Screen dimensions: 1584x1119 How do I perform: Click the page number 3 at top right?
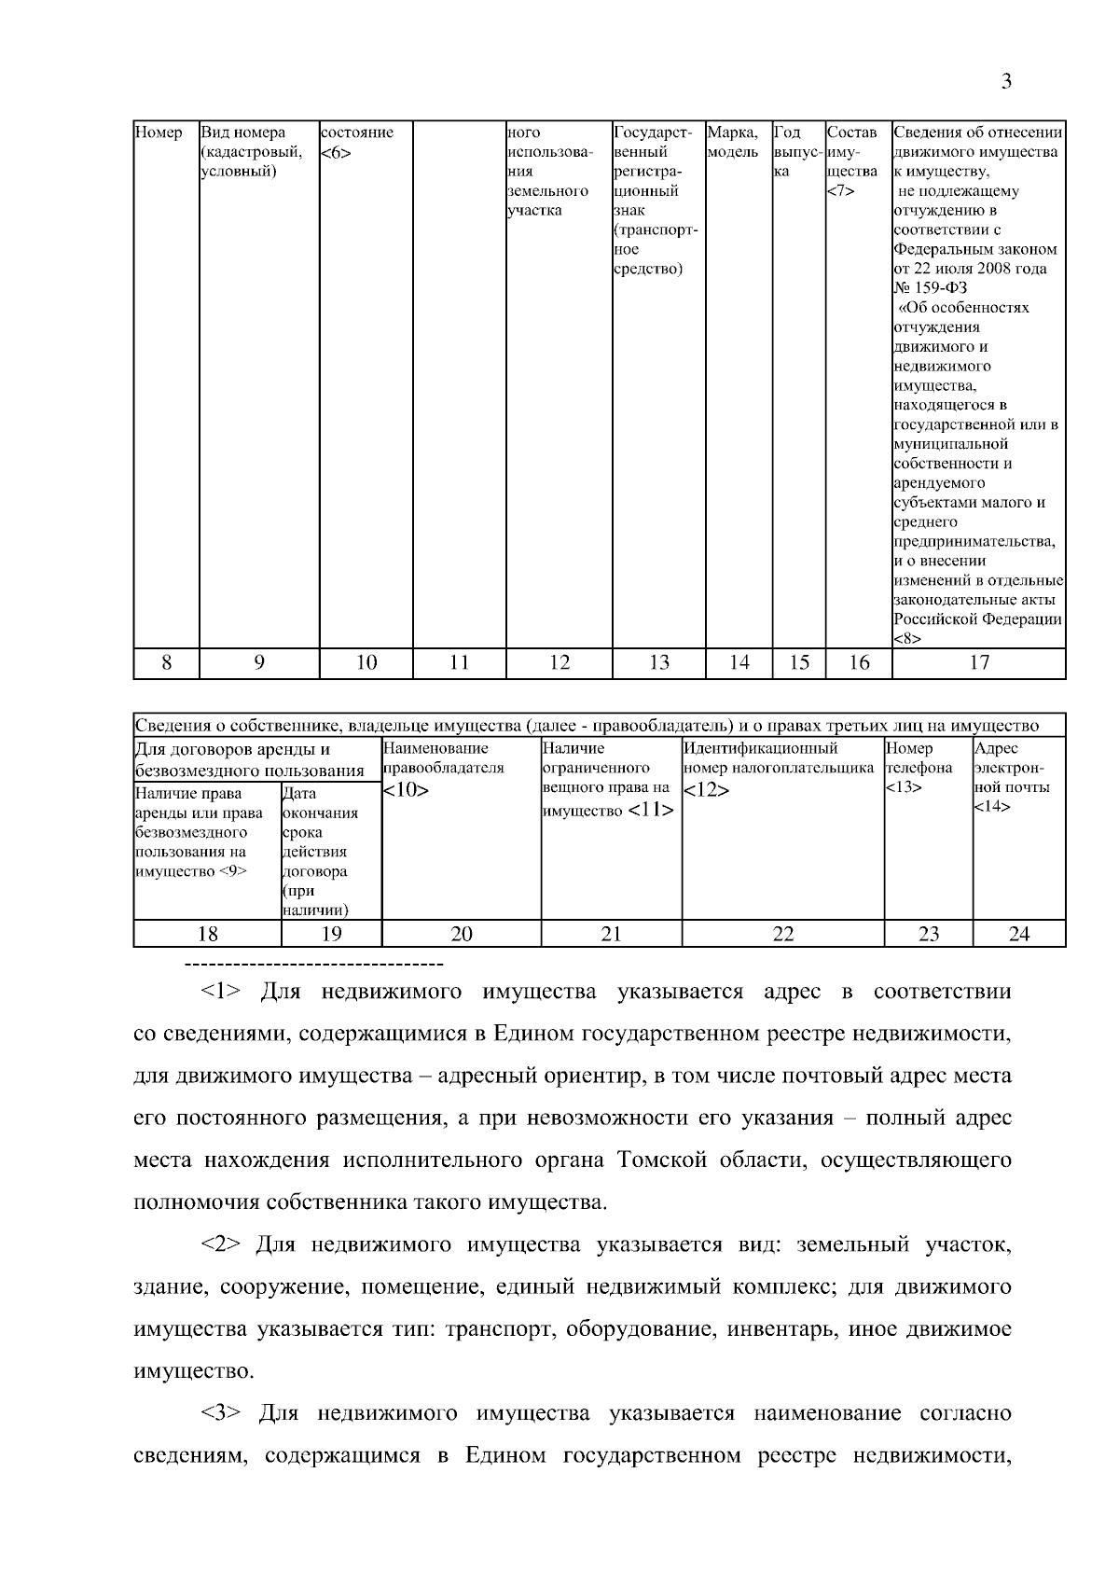pos(1006,82)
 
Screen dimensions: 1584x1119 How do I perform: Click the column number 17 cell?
pos(978,662)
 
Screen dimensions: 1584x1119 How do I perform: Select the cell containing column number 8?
pos(166,662)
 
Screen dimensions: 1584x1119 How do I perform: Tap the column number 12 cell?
pos(559,662)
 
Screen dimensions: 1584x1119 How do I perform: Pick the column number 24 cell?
pos(1018,934)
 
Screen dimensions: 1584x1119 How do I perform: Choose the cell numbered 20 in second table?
pos(462,934)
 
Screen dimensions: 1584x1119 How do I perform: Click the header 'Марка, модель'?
pos(734,142)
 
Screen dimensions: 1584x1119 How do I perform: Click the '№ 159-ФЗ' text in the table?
pos(930,288)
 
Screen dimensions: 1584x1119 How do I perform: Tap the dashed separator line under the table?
pos(314,961)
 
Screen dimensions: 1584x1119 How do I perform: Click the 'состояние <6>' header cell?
pos(357,142)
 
